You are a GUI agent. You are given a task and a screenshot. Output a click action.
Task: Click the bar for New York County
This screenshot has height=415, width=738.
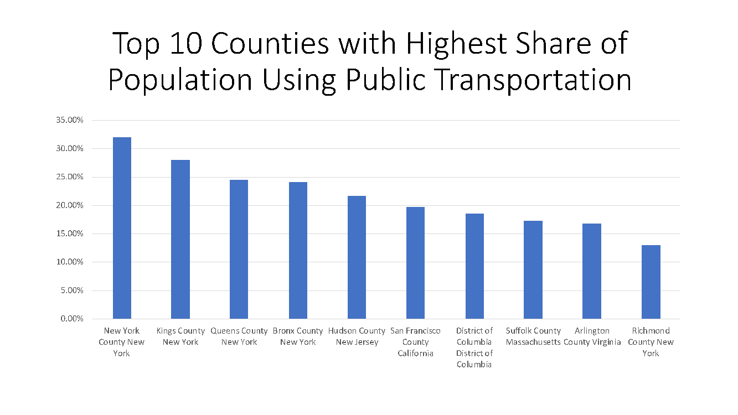point(122,228)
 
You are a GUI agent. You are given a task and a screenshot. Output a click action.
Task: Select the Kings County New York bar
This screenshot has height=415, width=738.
point(180,239)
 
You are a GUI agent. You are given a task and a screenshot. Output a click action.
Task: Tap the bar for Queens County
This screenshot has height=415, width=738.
point(239,249)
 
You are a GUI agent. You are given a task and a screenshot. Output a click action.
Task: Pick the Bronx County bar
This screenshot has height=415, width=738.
point(298,250)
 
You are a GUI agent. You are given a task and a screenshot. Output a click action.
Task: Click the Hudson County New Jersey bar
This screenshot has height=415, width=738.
point(357,257)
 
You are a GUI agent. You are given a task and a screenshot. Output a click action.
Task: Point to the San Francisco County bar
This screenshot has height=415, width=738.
point(415,263)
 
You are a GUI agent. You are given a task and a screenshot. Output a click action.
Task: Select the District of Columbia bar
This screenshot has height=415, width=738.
point(474,266)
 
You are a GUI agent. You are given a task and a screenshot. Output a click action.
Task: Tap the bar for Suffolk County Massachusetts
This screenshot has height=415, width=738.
point(533,269)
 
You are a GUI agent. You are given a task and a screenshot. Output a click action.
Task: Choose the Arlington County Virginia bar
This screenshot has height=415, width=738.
point(591,271)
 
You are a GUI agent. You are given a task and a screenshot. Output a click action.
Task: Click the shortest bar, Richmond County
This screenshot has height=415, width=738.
point(651,282)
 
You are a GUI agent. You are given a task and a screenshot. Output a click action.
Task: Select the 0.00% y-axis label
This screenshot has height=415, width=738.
point(71,319)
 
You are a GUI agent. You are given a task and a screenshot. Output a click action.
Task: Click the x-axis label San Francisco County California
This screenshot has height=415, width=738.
point(415,342)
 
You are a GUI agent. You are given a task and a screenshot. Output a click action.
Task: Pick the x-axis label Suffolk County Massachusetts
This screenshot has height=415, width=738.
point(533,336)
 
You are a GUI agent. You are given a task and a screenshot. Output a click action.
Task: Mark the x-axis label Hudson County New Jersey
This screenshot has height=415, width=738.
point(357,336)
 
